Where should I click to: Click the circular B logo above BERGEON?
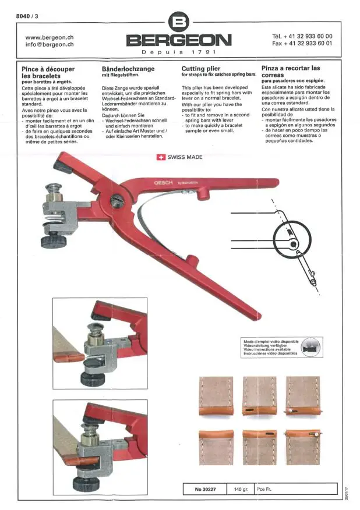pos(179,22)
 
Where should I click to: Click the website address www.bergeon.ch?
pos(49,37)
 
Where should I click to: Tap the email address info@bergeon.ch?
pos(49,45)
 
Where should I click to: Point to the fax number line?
pos(302,43)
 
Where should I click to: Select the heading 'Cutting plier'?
pos(201,69)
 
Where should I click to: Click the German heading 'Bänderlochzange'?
pos(128,69)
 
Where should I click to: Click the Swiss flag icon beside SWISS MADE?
pos(161,157)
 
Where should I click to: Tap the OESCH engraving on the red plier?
pos(164,183)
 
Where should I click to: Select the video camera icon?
pos(310,348)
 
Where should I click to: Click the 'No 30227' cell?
pos(205,489)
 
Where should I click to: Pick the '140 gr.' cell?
pos(241,489)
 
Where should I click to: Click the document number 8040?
pos(23,16)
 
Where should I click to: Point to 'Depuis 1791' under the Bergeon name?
pos(179,52)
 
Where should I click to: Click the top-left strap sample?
pos(216,396)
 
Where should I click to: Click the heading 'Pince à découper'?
pos(48,69)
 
